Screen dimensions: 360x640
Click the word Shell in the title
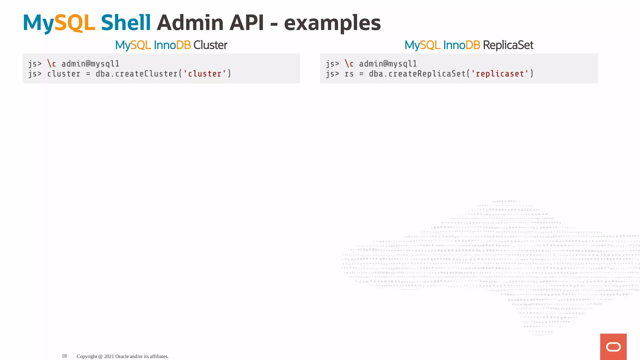(x=126, y=23)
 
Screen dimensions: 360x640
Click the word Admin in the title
(x=190, y=23)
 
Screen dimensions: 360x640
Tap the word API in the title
(x=247, y=23)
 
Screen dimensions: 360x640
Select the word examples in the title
(x=332, y=23)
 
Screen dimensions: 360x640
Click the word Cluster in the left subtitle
(x=210, y=45)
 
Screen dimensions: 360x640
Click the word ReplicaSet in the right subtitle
(x=508, y=45)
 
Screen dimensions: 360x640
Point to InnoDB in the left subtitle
(x=172, y=45)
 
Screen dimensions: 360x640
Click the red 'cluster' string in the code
(x=205, y=74)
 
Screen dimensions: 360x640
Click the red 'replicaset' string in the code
(x=500, y=74)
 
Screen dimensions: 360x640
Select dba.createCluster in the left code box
(x=137, y=74)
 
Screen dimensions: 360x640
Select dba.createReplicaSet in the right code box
(x=417, y=74)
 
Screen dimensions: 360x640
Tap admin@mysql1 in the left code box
(x=90, y=64)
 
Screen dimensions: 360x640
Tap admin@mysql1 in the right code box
(x=388, y=64)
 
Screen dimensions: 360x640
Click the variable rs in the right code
(x=349, y=74)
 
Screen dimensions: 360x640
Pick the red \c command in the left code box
(x=52, y=64)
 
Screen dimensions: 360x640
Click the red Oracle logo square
(x=613, y=347)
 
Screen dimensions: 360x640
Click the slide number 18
(x=64, y=356)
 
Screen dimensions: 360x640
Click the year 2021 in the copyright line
(x=109, y=356)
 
